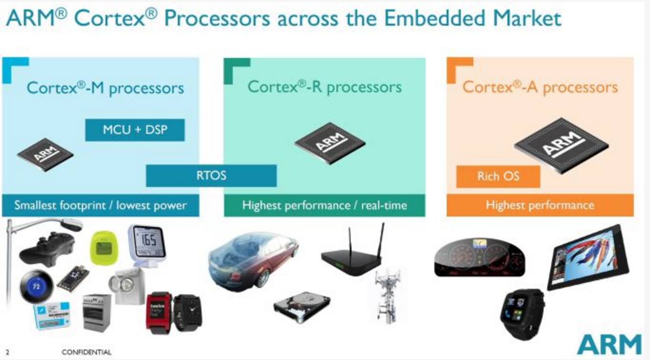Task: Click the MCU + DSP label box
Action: tap(135, 129)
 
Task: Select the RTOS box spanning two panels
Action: tap(211, 175)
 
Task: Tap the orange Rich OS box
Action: tap(498, 177)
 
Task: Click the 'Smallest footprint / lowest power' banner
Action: tap(100, 205)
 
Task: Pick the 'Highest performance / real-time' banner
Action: tap(325, 205)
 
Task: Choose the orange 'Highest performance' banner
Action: tap(540, 205)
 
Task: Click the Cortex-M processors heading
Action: tap(105, 88)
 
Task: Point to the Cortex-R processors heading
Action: tap(325, 87)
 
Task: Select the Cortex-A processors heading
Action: tap(540, 87)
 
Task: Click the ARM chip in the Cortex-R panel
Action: tap(330, 142)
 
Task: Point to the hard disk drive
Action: tap(302, 307)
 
